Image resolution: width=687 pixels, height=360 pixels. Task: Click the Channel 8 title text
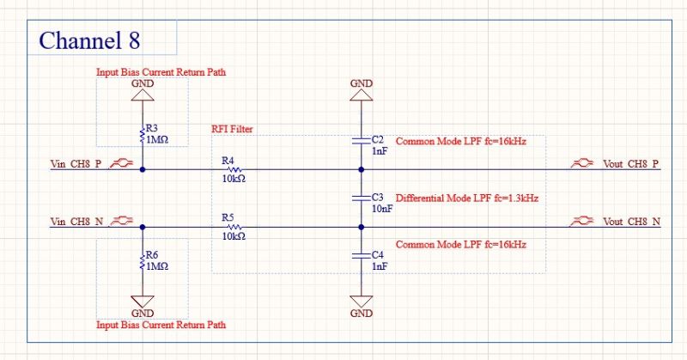click(x=90, y=40)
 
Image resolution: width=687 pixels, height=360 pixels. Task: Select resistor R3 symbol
click(x=142, y=136)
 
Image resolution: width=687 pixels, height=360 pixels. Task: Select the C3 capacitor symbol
click(x=362, y=198)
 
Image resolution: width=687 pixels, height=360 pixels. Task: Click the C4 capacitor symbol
click(x=362, y=256)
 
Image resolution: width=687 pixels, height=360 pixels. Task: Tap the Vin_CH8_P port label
click(x=76, y=164)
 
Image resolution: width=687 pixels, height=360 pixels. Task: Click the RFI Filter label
click(x=232, y=129)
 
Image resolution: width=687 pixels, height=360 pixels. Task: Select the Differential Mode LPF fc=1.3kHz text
click(x=467, y=198)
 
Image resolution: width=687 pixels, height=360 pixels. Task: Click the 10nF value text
click(x=382, y=209)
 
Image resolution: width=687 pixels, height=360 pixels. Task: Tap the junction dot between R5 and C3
click(x=362, y=227)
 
